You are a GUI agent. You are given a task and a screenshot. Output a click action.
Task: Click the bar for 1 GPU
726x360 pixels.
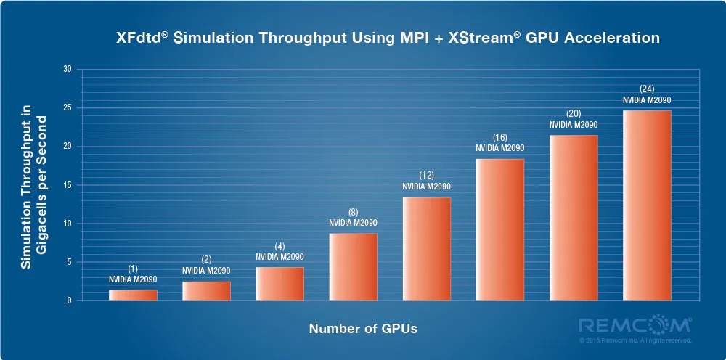point(133,295)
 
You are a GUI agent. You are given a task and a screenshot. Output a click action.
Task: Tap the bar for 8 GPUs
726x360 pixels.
point(353,266)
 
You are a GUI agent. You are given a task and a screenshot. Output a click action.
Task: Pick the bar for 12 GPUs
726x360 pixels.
point(426,249)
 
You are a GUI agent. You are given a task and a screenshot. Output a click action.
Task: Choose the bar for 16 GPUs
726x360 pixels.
point(499,229)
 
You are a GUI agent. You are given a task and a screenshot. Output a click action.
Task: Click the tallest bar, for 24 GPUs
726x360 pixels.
point(647,205)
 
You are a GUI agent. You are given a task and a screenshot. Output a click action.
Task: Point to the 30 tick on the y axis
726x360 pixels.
point(68,70)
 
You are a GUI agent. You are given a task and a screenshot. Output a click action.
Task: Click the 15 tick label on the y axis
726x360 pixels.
point(68,185)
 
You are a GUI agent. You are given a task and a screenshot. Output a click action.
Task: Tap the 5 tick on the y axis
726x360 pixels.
point(70,262)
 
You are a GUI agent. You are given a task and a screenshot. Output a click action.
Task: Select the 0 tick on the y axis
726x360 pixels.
point(70,300)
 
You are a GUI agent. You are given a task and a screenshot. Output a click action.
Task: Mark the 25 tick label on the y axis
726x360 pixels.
point(68,108)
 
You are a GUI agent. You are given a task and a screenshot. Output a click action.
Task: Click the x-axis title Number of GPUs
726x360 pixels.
point(363,329)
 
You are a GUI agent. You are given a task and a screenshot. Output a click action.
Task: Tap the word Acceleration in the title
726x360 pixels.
point(617,38)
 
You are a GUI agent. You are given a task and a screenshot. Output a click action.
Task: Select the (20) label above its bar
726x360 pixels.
point(574,114)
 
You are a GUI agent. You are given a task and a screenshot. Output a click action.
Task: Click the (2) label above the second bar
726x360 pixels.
point(206,260)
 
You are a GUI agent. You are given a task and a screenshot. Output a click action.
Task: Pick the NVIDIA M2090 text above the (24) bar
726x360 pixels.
point(647,99)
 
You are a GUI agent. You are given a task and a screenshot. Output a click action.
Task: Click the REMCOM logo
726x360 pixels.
point(635,324)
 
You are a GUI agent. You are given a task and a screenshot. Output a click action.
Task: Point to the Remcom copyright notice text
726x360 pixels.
point(635,340)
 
